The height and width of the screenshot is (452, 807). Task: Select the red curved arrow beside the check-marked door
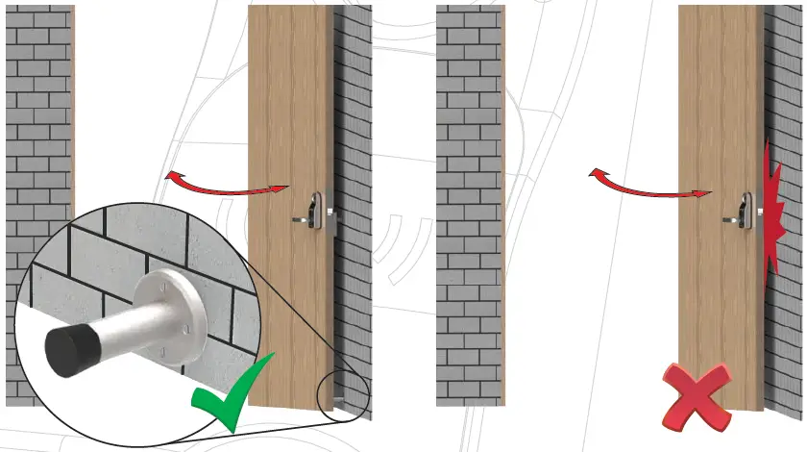point(227,185)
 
